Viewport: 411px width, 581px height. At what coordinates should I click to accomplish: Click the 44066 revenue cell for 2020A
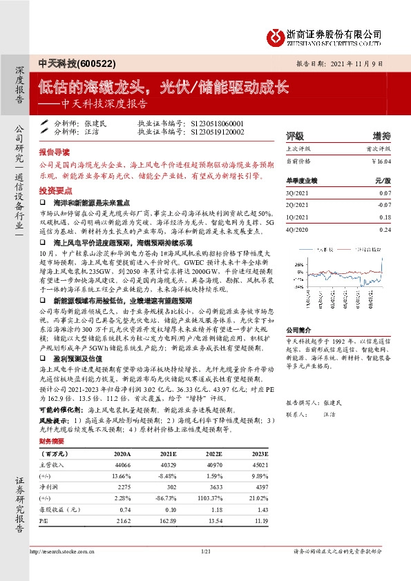coord(121,466)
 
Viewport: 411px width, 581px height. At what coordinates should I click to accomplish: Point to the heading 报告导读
coord(54,150)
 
